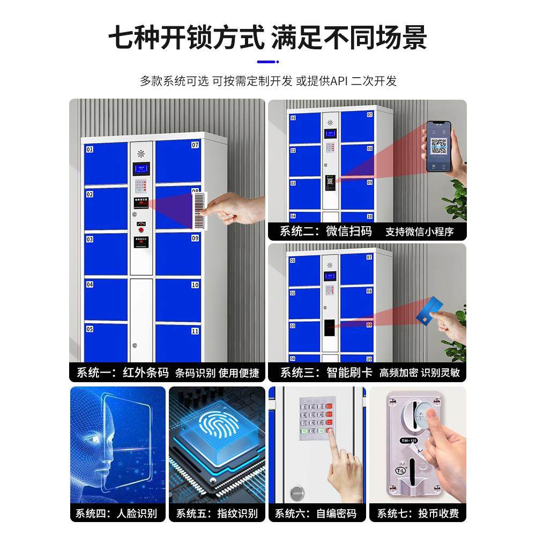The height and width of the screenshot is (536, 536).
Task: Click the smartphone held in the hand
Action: point(438,146)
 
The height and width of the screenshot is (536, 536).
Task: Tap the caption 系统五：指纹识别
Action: point(217,513)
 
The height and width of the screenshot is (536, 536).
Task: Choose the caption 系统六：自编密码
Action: point(316,513)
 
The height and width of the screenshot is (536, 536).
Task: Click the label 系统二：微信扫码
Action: point(326,232)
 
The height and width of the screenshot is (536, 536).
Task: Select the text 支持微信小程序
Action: point(419,232)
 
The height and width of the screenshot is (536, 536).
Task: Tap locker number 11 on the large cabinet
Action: point(195,331)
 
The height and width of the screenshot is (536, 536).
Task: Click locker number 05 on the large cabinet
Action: point(90,329)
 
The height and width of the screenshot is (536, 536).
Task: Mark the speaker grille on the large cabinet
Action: point(141,153)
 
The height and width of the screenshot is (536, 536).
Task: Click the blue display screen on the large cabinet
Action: point(141,170)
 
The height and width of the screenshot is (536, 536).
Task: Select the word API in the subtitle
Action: point(339,81)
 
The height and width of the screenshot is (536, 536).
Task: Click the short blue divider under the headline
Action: point(267,62)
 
